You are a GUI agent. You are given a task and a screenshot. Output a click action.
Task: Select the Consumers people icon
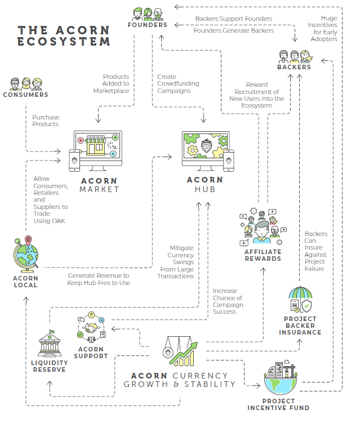25,84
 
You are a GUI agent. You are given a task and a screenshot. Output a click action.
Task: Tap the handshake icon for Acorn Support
92,328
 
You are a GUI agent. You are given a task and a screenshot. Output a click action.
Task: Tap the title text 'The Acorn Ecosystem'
64,35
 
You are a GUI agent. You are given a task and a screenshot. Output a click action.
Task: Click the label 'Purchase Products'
45,121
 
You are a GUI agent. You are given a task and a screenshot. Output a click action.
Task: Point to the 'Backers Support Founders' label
233,19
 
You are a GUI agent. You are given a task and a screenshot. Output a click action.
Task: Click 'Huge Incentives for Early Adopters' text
323,29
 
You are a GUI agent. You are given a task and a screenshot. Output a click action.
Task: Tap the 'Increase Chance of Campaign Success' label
228,301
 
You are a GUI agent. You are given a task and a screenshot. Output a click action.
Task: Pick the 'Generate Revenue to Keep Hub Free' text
99,279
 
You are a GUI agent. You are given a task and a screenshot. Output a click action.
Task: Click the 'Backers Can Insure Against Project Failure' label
315,251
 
